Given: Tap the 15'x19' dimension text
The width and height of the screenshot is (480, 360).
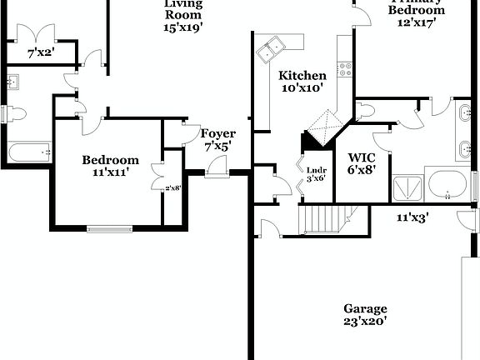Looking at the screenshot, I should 183,26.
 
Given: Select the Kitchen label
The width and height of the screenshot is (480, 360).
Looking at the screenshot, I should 302,75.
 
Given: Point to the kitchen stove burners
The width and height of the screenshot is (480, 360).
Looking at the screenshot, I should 343,69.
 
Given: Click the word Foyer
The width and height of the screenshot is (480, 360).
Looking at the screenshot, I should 218,133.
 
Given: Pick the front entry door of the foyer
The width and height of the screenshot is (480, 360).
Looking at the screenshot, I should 217,169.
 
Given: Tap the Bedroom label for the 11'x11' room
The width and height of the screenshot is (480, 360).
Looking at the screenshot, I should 110,160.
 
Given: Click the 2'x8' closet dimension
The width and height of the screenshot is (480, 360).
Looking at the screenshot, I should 172,187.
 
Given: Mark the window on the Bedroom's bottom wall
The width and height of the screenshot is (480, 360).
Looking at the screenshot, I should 110,227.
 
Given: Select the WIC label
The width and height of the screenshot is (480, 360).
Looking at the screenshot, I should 362,156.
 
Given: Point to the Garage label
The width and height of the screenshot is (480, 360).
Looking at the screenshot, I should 364,307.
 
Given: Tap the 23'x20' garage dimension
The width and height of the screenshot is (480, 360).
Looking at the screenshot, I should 364,320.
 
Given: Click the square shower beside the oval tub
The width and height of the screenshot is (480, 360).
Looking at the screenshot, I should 407,187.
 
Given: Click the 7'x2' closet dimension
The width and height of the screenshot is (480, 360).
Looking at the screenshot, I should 40,53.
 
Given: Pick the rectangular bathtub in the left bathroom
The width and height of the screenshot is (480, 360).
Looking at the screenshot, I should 28,152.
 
